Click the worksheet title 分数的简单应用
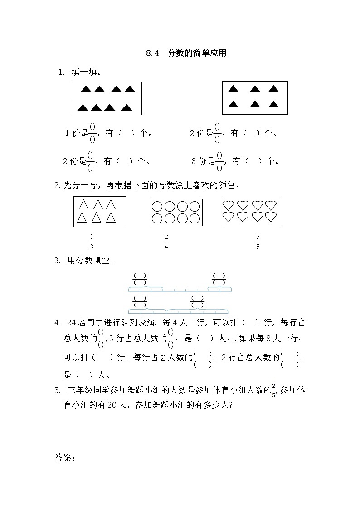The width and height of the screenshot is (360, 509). (197, 53)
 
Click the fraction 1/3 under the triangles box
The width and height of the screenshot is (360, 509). (92, 242)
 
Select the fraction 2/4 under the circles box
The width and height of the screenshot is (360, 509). (166, 242)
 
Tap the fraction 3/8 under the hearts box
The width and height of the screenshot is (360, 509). (258, 242)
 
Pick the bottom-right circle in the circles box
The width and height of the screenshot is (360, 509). (195, 218)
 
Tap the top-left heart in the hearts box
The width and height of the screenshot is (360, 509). (228, 206)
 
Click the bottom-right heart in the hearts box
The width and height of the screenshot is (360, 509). (271, 217)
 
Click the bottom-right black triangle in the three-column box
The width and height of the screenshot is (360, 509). (273, 104)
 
